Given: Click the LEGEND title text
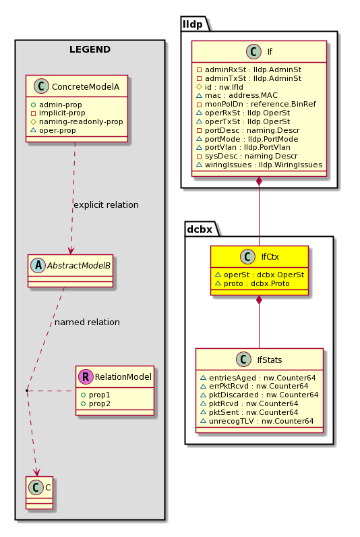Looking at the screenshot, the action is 90,49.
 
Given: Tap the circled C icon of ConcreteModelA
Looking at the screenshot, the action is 41,86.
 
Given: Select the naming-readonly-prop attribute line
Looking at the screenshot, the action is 77,121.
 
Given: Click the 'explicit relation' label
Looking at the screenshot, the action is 106,205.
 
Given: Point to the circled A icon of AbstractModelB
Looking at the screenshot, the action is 38,265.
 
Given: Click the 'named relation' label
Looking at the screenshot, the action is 87,322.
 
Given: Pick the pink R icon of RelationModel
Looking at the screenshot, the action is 86,376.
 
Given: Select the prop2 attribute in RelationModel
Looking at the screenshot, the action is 96,404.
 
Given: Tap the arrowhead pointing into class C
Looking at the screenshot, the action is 36,472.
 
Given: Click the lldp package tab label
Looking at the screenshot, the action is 193,24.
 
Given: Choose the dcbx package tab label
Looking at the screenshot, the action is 200,229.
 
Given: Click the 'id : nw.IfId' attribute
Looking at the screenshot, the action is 220,87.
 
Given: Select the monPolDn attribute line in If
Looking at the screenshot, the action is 256,104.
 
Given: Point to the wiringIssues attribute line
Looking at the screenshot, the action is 260,165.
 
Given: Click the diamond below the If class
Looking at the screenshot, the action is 259,181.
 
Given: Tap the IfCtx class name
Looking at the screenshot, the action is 270,257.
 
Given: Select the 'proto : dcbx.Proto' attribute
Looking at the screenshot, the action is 252,283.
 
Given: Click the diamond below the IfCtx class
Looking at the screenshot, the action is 259,300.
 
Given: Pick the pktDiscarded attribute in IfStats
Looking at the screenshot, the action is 260,395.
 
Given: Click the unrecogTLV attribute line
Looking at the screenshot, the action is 257,421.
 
